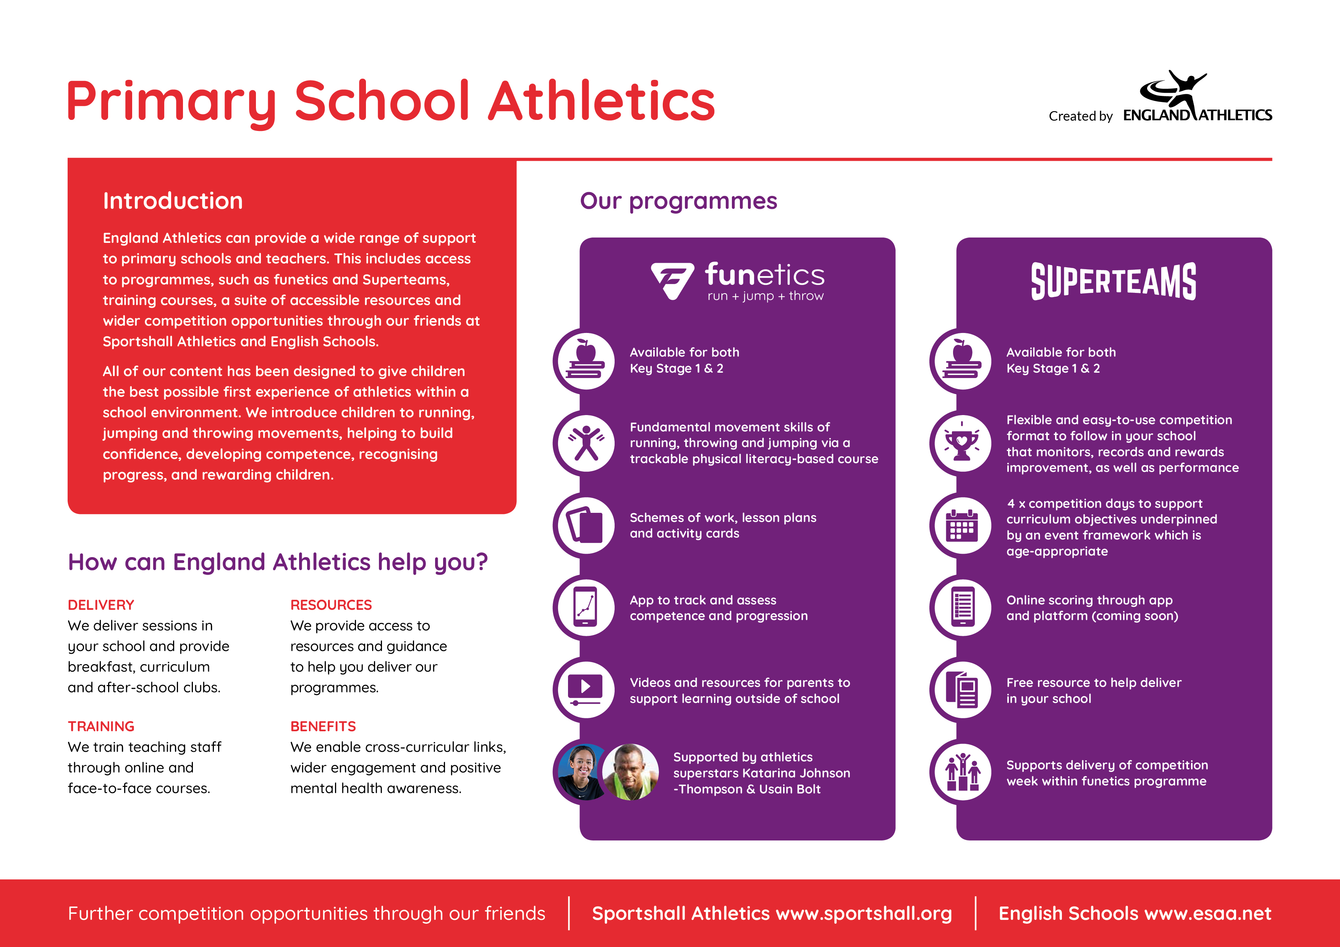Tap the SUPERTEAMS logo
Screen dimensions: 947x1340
(1113, 281)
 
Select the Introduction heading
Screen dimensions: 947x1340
(173, 201)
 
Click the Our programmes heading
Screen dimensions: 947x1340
(678, 201)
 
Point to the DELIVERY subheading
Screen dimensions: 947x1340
(101, 604)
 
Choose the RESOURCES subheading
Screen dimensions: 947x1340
(331, 604)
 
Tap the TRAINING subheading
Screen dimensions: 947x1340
(101, 726)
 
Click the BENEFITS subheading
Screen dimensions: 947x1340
(323, 726)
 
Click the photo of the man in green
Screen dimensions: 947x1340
(630, 772)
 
